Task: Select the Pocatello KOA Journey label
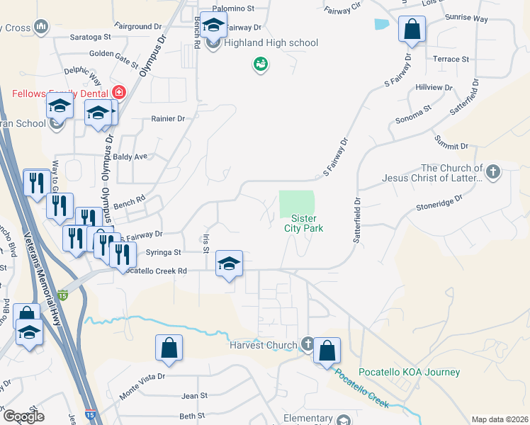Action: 410,372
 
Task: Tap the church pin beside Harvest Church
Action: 307,344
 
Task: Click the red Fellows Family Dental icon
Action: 118,93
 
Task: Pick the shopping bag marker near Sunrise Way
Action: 412,30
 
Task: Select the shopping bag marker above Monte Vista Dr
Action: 169,348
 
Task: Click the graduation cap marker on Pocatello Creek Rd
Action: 229,265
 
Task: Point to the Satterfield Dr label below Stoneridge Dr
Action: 356,220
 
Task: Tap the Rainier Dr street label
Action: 167,119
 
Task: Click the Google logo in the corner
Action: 23,416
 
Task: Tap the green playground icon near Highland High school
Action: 261,65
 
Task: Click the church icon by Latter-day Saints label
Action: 492,170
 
